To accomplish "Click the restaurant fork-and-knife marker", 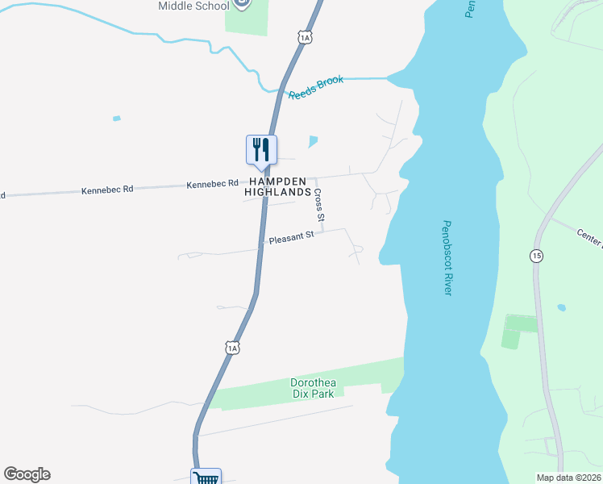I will click(261, 149).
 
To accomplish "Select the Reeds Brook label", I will click(316, 87).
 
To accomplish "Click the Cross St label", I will click(320, 206).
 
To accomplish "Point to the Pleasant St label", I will click(291, 240).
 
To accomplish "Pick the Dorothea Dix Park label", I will click(317, 388).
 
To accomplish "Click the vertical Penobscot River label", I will click(447, 258).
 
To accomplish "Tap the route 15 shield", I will click(536, 256).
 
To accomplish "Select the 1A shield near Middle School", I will click(304, 37).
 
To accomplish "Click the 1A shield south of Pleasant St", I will click(232, 348).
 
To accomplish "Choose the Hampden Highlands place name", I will click(274, 187).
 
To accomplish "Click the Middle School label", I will click(193, 6).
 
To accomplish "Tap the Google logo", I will click(27, 474).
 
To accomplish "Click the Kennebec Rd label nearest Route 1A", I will click(213, 184).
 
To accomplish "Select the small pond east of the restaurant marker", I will click(313, 142).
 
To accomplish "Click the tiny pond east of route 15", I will click(561, 308).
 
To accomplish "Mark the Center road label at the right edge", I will click(589, 238).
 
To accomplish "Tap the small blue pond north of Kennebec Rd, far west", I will click(117, 119).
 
